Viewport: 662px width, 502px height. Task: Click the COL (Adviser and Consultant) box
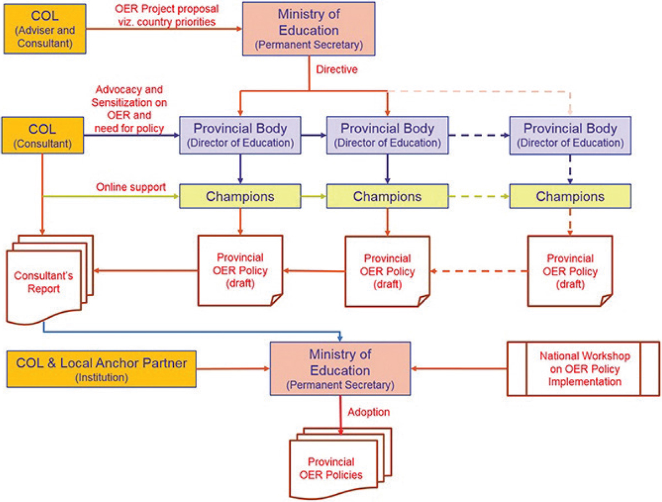45,29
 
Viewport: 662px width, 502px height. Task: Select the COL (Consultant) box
42,135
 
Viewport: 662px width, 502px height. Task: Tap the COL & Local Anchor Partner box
102,369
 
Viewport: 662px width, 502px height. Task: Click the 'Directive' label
337,70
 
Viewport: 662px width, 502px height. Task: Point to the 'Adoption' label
369,412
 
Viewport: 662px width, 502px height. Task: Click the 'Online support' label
131,187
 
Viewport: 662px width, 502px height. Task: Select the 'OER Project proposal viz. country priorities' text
167,15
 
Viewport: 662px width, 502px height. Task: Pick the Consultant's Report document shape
50,280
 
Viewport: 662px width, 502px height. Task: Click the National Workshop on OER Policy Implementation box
583,369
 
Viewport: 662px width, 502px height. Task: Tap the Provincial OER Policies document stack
340,463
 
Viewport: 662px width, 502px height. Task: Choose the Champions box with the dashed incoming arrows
570,196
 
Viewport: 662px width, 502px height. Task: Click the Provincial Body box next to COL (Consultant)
240,135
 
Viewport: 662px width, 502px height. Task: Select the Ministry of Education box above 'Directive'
309,29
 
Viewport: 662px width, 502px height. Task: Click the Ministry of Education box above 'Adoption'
340,369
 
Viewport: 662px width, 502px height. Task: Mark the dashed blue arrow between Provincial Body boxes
479,135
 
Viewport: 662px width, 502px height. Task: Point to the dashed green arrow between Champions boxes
479,196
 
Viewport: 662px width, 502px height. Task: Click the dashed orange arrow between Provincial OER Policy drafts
479,271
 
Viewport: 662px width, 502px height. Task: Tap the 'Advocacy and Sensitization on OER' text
129,102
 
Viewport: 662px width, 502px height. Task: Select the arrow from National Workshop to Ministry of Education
459,369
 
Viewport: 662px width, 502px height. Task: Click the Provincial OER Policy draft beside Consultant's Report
241,270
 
